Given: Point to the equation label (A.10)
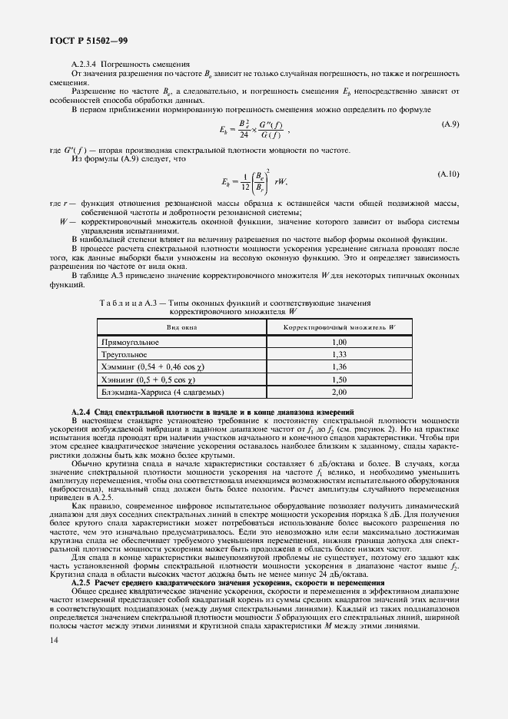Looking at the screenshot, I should (448, 175).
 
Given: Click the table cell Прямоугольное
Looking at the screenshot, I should (126, 342).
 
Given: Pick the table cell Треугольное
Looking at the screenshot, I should (124, 355).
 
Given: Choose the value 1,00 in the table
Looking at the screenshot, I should (340, 342).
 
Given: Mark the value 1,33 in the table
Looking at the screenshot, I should (340, 355).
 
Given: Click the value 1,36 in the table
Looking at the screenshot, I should (340, 367).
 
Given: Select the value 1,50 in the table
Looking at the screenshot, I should (340, 379).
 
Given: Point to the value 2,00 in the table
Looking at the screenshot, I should (340, 393).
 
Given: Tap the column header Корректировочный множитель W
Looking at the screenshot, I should (340, 327).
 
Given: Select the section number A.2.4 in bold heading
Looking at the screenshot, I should (81, 413).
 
